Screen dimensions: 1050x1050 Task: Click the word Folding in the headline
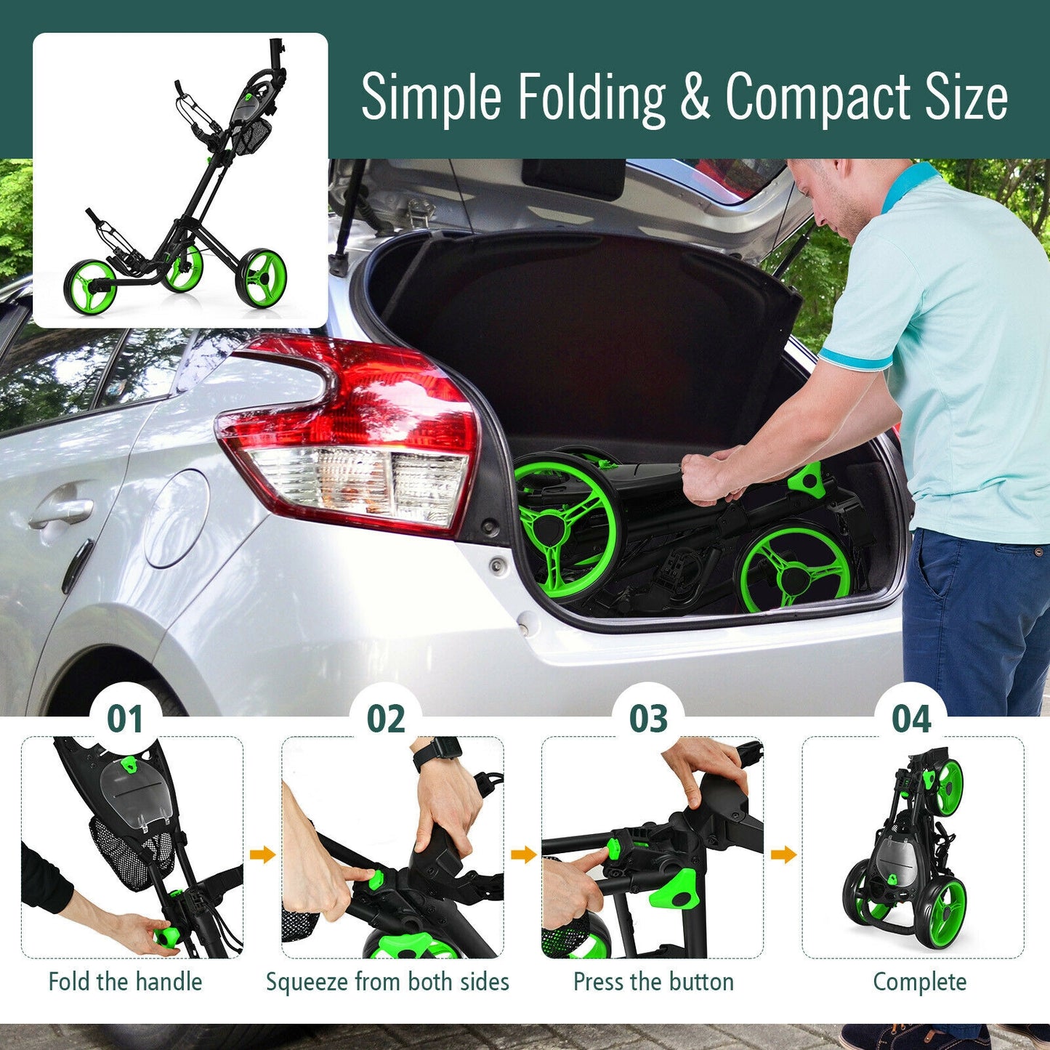click(591, 99)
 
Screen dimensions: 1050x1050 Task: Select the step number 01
click(125, 719)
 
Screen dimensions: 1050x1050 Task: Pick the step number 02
click(386, 719)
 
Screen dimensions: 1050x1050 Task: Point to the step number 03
click(648, 719)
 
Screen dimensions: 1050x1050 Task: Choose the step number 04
click(911, 719)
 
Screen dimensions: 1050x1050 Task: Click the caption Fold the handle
click(125, 982)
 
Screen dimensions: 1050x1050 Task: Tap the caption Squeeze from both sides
click(387, 982)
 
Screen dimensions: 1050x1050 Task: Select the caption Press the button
click(653, 982)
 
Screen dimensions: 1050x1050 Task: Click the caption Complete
click(919, 982)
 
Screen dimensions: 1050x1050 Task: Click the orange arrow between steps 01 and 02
click(262, 855)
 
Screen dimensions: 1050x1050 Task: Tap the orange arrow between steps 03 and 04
click(783, 855)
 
